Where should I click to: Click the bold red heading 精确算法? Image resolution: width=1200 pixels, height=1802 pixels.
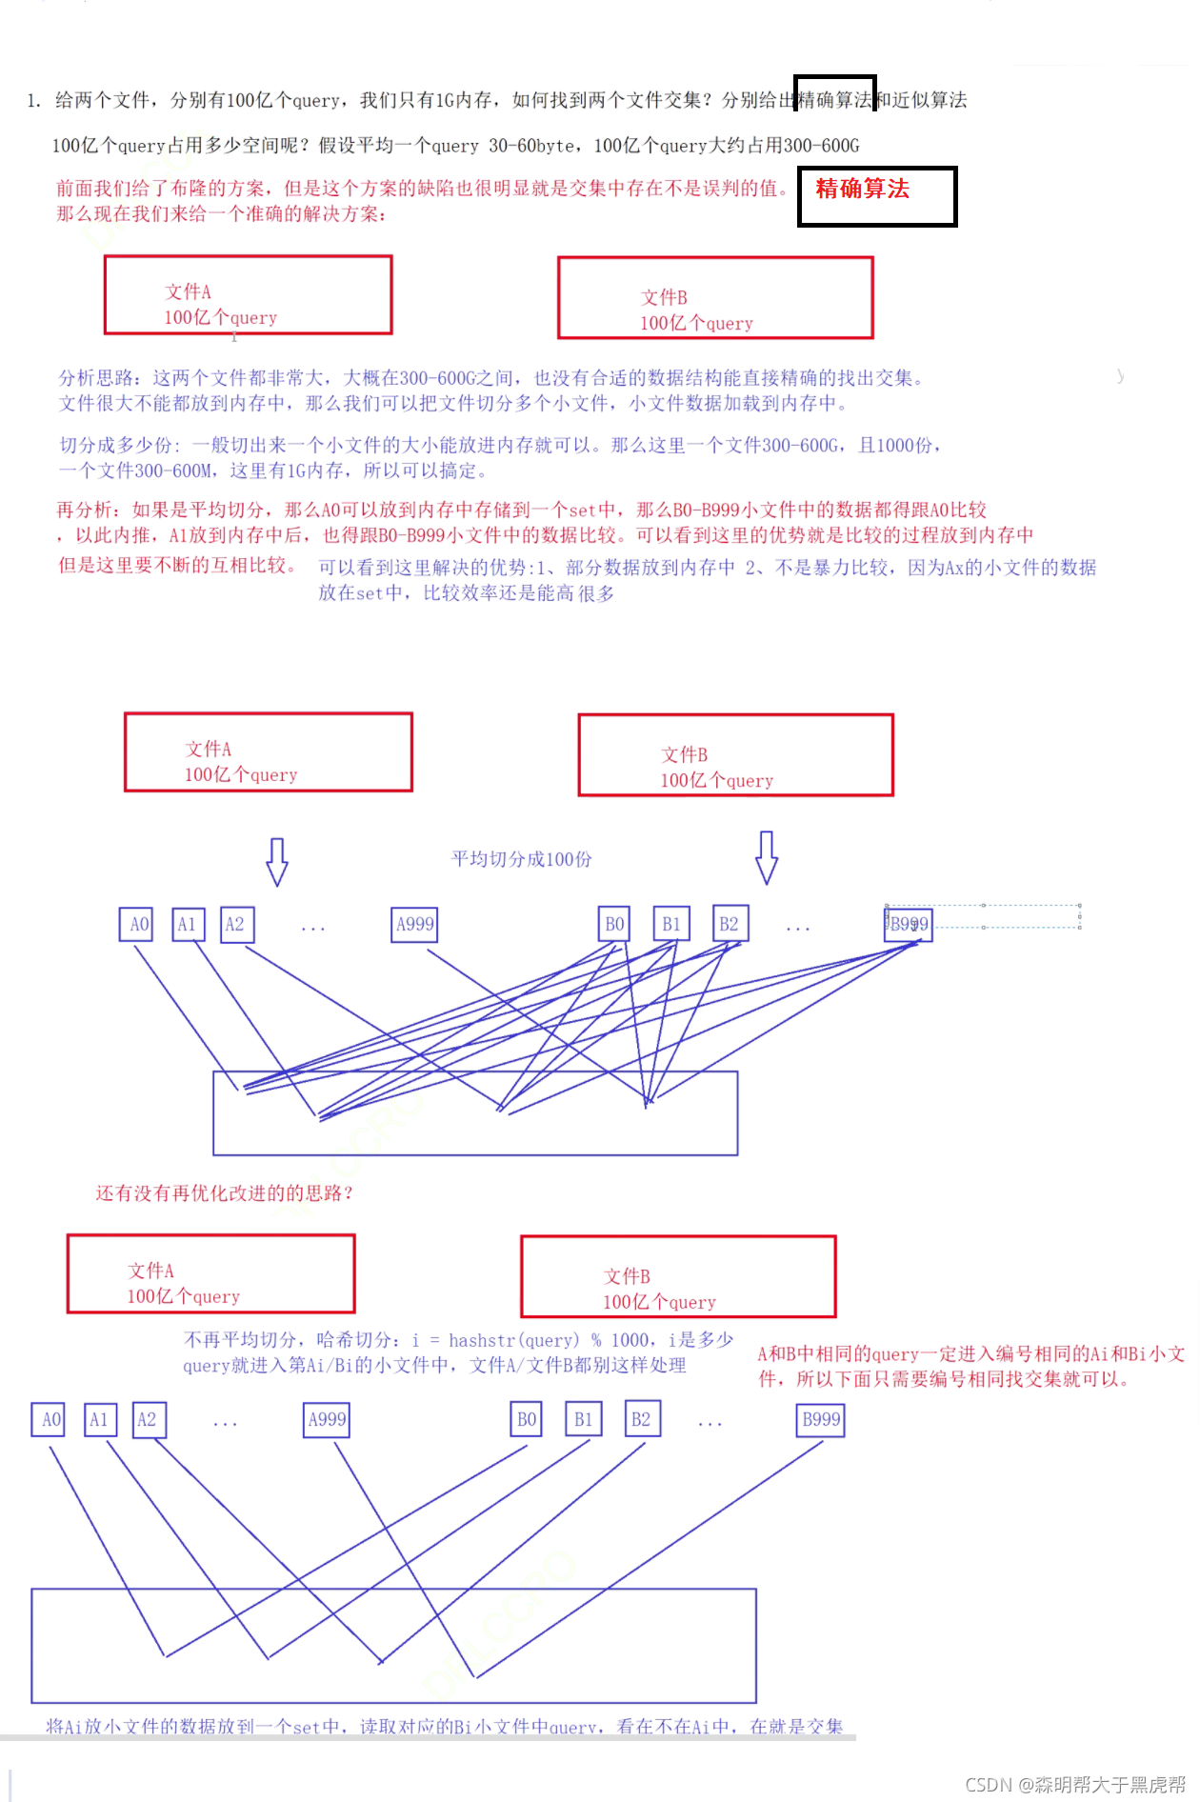point(862,189)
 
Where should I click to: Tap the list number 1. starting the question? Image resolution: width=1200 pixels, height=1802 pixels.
point(34,101)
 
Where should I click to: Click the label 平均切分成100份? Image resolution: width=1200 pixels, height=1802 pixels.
point(521,859)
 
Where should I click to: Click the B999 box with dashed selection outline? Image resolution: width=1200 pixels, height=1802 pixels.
point(909,924)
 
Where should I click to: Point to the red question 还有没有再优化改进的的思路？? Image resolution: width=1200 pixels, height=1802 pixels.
point(224,1193)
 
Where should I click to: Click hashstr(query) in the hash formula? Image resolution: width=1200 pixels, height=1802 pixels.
point(513,1340)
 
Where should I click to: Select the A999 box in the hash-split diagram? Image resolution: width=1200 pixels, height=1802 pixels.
point(327,1419)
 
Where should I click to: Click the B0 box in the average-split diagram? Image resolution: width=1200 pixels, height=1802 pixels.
point(614,924)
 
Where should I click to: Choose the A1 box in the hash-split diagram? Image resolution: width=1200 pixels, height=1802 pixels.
point(98,1419)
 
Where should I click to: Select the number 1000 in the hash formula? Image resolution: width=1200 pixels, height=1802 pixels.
point(630,1340)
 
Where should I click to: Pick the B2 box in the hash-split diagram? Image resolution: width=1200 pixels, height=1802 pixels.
point(641,1419)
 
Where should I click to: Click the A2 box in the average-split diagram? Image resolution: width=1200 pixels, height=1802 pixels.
point(235,924)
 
